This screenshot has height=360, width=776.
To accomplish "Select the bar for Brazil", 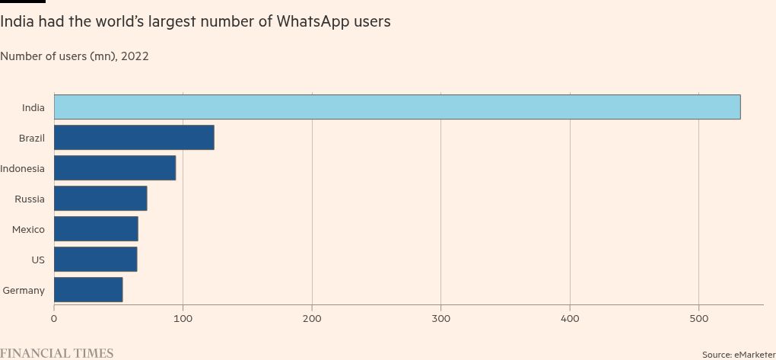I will (134, 138).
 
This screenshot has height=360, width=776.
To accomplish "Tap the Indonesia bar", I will (115, 168).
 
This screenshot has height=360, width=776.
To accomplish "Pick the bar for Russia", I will (100, 199).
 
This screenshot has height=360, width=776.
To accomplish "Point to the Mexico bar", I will (96, 229).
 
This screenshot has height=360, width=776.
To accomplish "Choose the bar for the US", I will (95, 260).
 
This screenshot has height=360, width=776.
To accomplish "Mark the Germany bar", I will (88, 290).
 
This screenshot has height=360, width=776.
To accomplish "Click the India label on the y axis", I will (33, 107).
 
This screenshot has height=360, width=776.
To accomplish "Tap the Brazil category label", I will (31, 138).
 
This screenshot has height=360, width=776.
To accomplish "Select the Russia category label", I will (29, 199).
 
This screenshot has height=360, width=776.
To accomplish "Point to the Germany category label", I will (24, 290).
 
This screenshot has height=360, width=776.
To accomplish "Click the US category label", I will (37, 260).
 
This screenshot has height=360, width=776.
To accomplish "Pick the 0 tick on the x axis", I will (54, 317).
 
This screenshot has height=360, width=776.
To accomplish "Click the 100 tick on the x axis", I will (183, 317).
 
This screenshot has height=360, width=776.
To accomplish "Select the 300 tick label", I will (440, 317).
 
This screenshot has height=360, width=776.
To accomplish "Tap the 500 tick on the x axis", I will (698, 317).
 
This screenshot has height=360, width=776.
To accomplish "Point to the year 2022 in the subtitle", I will (135, 56).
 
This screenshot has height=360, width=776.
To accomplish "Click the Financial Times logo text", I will (56, 353).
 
